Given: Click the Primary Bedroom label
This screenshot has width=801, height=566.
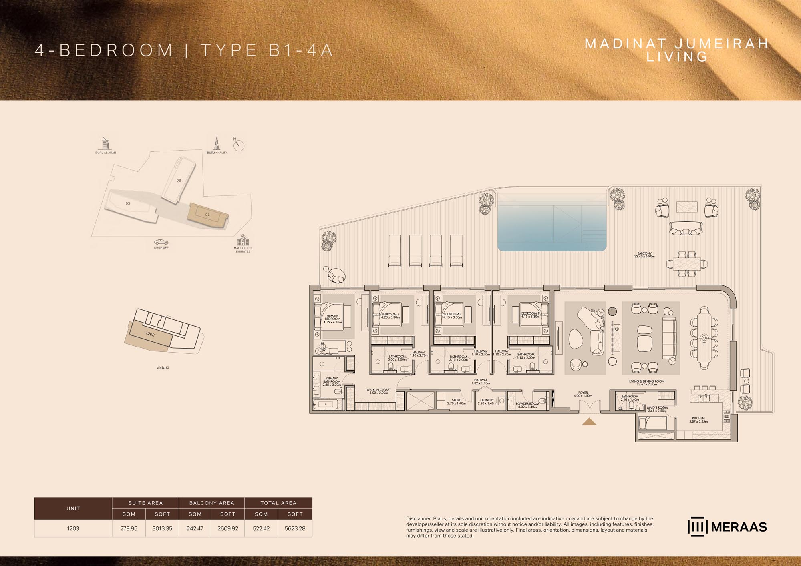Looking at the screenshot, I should [332, 319].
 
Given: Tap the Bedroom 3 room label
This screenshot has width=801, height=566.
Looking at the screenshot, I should [390, 316].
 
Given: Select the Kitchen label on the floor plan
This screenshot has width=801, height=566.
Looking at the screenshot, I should [698, 420].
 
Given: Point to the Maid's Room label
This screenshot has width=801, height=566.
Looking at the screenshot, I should [657, 409].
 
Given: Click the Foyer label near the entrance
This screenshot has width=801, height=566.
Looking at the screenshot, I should [583, 394].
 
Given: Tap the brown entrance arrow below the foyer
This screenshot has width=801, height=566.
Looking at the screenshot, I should [589, 421].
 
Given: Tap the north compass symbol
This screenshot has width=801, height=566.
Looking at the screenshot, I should [239, 145].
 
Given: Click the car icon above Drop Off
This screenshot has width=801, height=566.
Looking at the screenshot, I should [161, 242].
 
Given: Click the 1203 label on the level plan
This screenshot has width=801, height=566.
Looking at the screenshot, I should [150, 334].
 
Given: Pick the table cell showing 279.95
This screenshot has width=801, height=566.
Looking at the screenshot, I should [129, 528].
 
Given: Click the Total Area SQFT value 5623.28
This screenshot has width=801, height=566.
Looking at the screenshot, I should [295, 528].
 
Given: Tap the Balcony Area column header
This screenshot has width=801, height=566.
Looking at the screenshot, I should [211, 503].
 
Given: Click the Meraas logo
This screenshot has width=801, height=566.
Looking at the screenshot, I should [727, 527].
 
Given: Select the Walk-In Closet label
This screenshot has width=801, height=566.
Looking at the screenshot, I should [378, 391].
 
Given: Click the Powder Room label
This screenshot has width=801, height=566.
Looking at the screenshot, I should [527, 405].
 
